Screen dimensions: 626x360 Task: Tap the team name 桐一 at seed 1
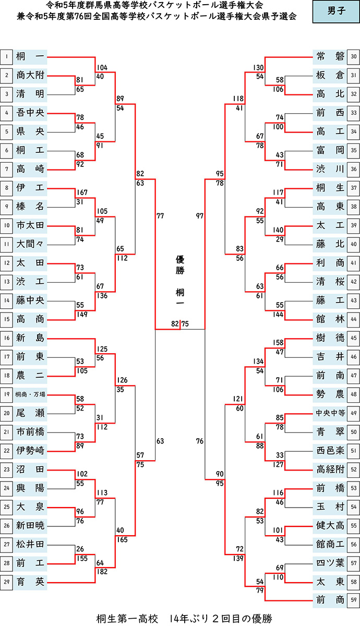pyautogui.click(x=30, y=56)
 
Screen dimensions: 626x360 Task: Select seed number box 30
pyautogui.click(x=354, y=56)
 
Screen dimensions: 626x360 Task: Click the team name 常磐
pyautogui.click(x=330, y=56)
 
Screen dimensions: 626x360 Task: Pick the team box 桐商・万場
pyautogui.click(x=30, y=394)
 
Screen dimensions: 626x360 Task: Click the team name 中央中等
pyautogui.click(x=330, y=413)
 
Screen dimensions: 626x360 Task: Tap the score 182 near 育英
pyautogui.click(x=102, y=571)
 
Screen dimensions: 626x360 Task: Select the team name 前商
pyautogui.click(x=330, y=600)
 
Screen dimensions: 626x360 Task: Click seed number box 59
pyautogui.click(x=354, y=600)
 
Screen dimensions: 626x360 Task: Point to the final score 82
pyautogui.click(x=175, y=324)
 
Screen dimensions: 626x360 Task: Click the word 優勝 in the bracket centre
pyautogui.click(x=179, y=264)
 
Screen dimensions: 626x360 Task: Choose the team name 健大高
pyautogui.click(x=330, y=525)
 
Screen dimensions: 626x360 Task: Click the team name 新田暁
pyautogui.click(x=30, y=525)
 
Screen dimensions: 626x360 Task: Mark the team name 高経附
pyautogui.click(x=330, y=469)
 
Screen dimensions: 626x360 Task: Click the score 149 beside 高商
pyautogui.click(x=83, y=314)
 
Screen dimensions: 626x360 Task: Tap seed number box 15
pyautogui.click(x=7, y=319)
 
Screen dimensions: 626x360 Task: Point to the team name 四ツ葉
pyautogui.click(x=330, y=563)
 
